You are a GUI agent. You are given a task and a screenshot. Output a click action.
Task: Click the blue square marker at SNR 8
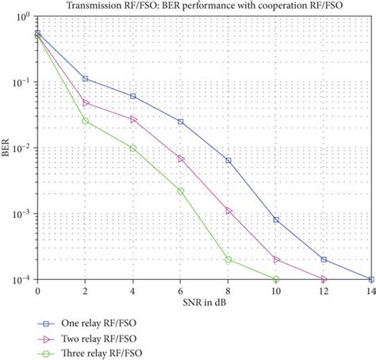[228, 160]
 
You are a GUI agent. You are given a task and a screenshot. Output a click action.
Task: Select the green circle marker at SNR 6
[181, 190]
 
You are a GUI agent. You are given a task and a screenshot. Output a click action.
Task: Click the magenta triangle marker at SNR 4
[133, 119]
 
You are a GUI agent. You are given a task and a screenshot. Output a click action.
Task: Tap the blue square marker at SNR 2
[86, 79]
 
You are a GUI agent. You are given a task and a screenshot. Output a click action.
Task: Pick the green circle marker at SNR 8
[228, 259]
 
